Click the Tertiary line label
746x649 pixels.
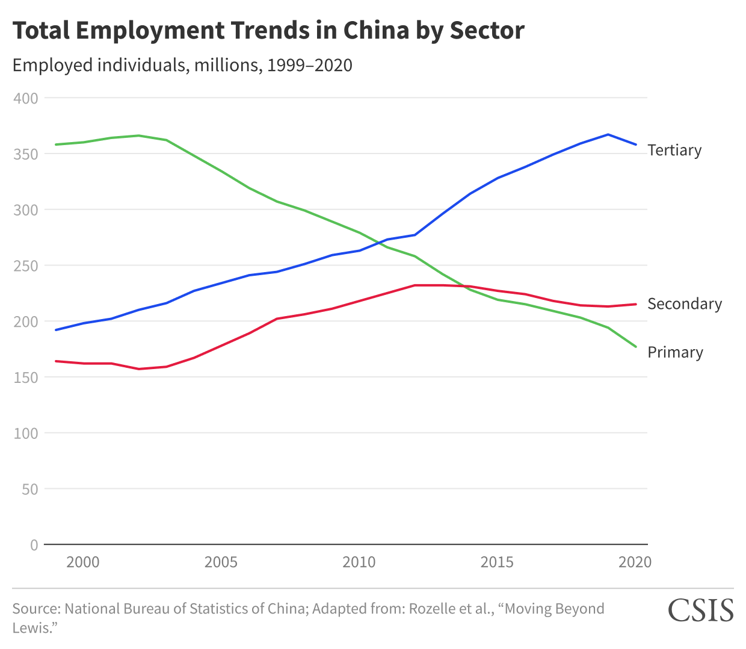(674, 150)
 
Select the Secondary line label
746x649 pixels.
(684, 304)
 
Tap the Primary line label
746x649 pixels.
(675, 352)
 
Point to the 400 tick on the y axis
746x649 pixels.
(26, 98)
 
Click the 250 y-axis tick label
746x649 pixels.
(26, 265)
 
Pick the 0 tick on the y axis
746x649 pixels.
(34, 545)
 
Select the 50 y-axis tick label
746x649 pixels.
(29, 489)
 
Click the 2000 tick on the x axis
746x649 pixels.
(83, 562)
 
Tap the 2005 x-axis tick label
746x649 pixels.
(221, 562)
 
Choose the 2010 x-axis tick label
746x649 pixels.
(359, 562)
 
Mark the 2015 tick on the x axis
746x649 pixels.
(497, 562)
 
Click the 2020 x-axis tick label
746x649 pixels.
(635, 562)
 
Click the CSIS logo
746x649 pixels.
(701, 610)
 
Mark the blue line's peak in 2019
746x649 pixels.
(608, 134)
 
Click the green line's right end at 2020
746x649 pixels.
(636, 347)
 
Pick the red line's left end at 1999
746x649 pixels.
(56, 361)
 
